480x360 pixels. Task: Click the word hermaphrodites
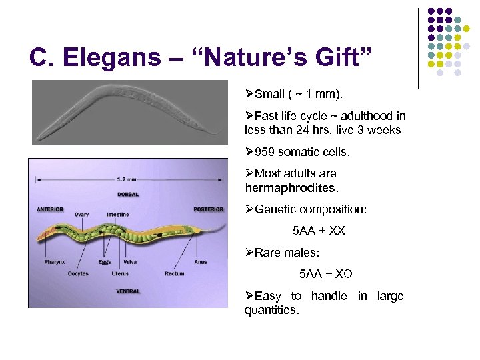point(291,187)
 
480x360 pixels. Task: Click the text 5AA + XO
point(326,274)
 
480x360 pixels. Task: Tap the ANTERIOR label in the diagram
point(51,209)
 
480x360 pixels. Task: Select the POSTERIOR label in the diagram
point(208,209)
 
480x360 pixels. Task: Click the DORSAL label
point(128,195)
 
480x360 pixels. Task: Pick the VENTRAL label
point(128,291)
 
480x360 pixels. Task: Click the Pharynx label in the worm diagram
point(55,262)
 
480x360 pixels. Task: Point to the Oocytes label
point(78,274)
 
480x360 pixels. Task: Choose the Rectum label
point(175,274)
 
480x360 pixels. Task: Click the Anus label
point(201,262)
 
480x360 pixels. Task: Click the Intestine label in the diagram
point(117,215)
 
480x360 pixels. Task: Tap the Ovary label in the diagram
point(81,215)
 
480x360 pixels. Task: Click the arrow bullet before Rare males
point(249,253)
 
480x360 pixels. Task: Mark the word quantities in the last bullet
point(272,310)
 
